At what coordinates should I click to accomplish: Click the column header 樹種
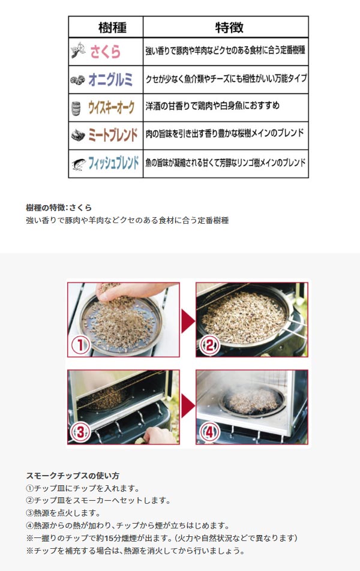pyautogui.click(x=112, y=28)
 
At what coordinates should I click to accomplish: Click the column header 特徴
pyautogui.click(x=229, y=28)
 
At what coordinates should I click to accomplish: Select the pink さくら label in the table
pyautogui.click(x=106, y=52)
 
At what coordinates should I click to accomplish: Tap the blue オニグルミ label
pyautogui.click(x=110, y=79)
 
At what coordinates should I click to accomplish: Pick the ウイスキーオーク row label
pyautogui.click(x=112, y=107)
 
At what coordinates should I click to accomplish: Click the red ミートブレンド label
pyautogui.click(x=113, y=135)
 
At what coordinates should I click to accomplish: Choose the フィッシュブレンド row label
pyautogui.click(x=113, y=163)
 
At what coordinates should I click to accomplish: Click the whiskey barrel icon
pyautogui.click(x=76, y=109)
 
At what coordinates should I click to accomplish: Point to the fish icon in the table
pyautogui.click(x=79, y=164)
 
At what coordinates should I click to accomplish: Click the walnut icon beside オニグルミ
pyautogui.click(x=77, y=80)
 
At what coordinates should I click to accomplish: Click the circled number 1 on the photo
pyautogui.click(x=80, y=344)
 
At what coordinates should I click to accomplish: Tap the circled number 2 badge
pyautogui.click(x=210, y=345)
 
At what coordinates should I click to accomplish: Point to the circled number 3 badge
pyautogui.click(x=80, y=432)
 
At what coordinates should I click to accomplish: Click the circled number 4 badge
pyautogui.click(x=209, y=432)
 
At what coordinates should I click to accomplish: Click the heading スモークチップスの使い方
pyautogui.click(x=73, y=476)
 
